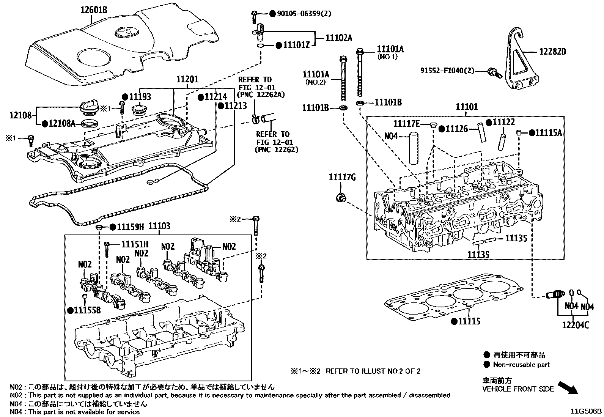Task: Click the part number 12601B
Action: point(93,10)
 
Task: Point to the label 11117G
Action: point(342,177)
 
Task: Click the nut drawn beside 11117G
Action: point(341,198)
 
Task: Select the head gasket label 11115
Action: point(469,321)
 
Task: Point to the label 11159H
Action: point(130,227)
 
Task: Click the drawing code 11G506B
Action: point(587,411)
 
